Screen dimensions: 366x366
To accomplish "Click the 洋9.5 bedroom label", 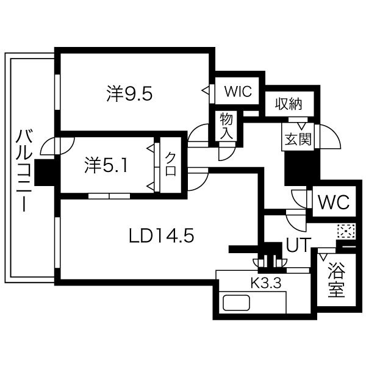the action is tap(129, 93).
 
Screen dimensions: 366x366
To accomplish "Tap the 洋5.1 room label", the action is tap(106, 165).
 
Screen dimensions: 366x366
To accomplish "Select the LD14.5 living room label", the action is tap(162, 235).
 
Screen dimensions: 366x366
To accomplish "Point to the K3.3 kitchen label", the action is tap(265, 284).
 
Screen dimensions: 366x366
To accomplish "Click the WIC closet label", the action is tap(238, 91).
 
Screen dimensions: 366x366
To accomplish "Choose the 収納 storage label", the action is tap(289, 104).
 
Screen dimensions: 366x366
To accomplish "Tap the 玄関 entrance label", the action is tap(298, 138).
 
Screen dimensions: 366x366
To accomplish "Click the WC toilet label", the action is tap(334, 202).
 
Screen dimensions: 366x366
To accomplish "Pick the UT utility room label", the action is tap(299, 245).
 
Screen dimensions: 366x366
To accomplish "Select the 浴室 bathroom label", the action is tap(336, 279).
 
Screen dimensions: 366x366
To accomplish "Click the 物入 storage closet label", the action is tap(226, 126).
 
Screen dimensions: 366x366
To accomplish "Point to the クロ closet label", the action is tap(171, 164).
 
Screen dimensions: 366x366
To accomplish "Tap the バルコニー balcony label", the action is tap(24, 170).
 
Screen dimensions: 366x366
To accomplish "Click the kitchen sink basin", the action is tap(236, 303).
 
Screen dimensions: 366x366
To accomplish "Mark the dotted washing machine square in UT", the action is tap(346, 231).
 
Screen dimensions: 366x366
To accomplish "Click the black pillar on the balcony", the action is tap(45, 173).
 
